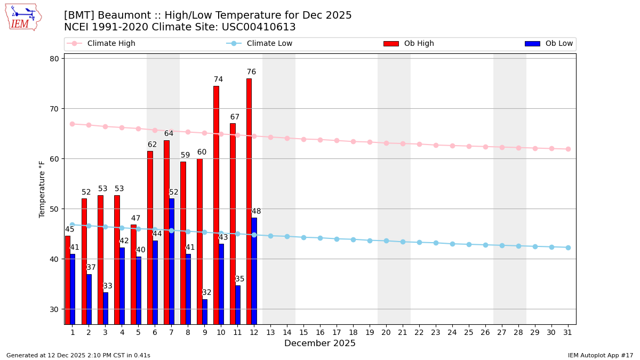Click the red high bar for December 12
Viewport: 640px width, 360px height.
[x=249, y=201]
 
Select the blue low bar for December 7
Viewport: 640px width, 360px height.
[x=171, y=261]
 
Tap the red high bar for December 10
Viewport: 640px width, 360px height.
[x=216, y=205]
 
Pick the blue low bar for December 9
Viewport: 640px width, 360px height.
[x=205, y=311]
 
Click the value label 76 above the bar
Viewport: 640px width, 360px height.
[x=251, y=72]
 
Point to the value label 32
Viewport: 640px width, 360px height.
[x=207, y=293]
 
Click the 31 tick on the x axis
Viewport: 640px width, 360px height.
[x=568, y=332]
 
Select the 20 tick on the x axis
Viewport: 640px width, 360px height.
[x=386, y=332]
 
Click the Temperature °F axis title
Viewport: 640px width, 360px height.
[x=43, y=189]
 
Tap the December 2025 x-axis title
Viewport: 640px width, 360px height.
[x=320, y=343]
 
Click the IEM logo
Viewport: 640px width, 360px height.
[x=22, y=17]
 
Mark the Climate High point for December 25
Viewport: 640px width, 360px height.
[x=469, y=146]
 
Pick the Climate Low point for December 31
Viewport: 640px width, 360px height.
[x=568, y=247]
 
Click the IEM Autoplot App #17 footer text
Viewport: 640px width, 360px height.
[x=601, y=355]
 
